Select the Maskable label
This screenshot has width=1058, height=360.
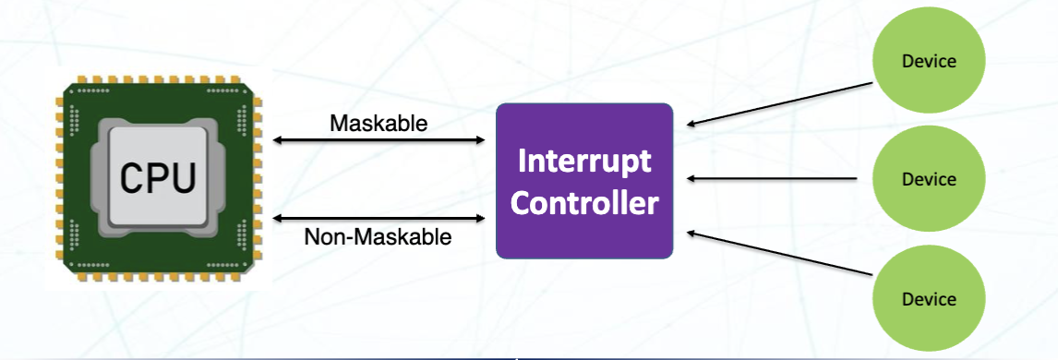click(379, 122)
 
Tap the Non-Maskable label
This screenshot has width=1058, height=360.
click(379, 237)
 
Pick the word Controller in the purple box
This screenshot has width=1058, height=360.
click(584, 202)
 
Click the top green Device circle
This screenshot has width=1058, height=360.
click(928, 62)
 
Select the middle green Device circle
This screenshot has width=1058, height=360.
click(928, 179)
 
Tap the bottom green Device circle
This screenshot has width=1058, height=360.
click(928, 297)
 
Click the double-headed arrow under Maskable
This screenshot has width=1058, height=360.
click(379, 140)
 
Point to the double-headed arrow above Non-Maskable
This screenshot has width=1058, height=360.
click(379, 218)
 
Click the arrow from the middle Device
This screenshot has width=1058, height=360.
click(780, 179)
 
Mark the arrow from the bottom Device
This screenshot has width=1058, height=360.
click(780, 255)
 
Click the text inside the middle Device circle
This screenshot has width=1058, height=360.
click(928, 179)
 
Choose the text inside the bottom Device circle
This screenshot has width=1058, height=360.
click(928, 298)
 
